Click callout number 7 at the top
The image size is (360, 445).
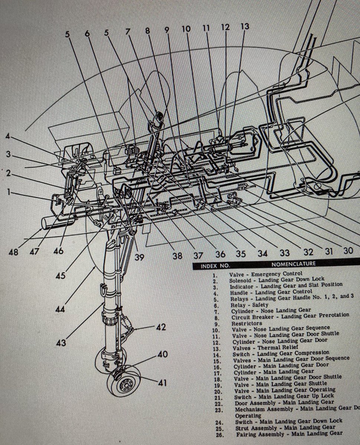pos(128,32)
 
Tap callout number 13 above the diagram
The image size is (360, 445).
pos(244,27)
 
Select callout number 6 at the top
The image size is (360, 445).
pos(87,33)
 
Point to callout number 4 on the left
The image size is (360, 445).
pos(8,136)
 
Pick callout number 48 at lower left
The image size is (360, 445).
pos(14,252)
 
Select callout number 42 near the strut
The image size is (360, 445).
pos(161,327)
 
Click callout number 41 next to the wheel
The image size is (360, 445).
pos(162,382)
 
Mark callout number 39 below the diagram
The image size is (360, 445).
pos(139,257)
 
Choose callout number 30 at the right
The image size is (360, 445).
pos(348,251)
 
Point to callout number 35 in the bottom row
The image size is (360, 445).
pos(241,254)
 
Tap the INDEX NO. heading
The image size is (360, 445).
pos(215,266)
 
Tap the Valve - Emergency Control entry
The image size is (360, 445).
pos(265,274)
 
